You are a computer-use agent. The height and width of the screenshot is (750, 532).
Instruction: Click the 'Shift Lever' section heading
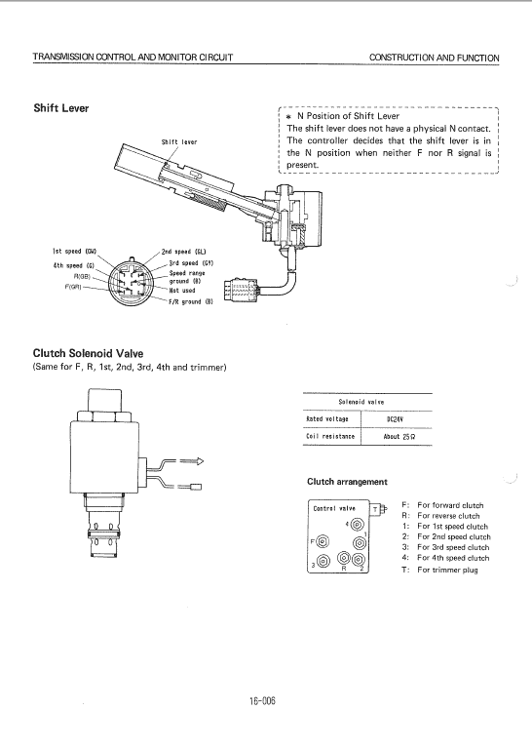point(61,108)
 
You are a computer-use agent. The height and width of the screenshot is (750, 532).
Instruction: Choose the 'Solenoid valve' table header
point(361,402)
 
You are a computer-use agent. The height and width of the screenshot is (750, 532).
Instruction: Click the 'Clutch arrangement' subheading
point(347,482)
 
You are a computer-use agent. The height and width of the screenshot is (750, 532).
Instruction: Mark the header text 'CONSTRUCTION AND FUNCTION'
point(435,58)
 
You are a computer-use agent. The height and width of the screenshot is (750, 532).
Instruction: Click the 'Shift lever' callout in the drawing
point(179,142)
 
